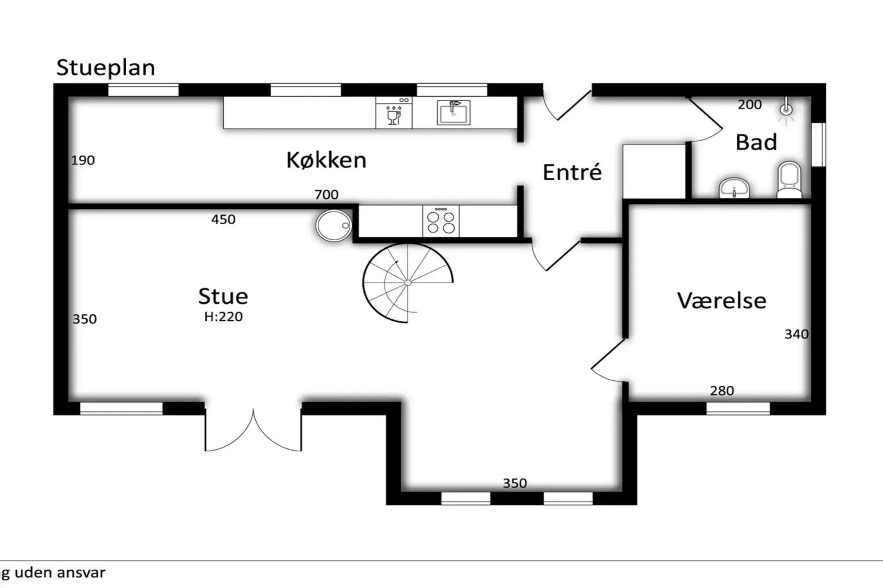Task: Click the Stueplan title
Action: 106,68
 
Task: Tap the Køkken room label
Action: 326,160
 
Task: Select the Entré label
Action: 572,173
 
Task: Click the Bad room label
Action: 756,142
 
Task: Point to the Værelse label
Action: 721,301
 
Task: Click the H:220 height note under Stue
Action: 223,317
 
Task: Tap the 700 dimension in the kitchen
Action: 326,195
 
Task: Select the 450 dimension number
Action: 223,219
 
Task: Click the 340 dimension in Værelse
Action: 796,334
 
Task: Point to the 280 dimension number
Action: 721,391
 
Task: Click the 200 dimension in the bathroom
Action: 749,104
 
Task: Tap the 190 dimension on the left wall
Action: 83,160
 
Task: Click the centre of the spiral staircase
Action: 407,283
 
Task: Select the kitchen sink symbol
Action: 454,113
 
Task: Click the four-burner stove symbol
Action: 441,221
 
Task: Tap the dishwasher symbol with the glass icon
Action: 394,113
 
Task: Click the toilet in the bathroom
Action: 790,179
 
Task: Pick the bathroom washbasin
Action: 734,188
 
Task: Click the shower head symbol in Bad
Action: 786,109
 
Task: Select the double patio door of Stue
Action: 253,431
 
